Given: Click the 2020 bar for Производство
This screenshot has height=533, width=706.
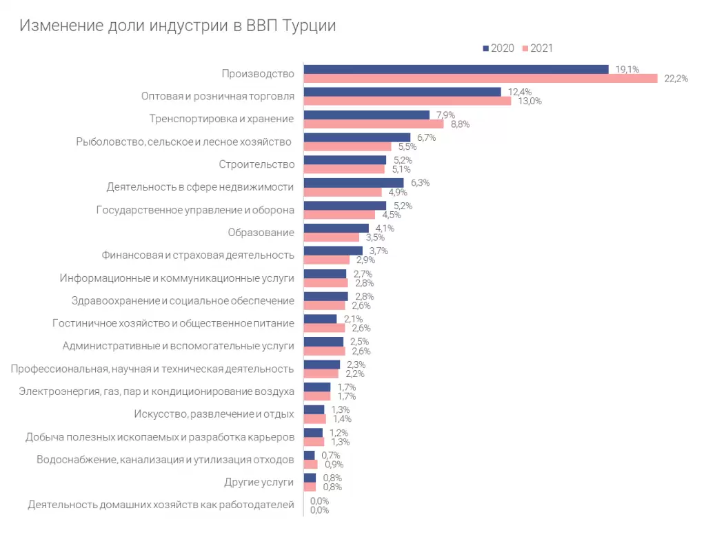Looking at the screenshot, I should click(x=456, y=69).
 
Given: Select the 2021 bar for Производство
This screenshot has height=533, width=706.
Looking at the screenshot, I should click(x=481, y=79).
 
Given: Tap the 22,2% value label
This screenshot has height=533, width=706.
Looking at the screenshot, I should click(x=676, y=79).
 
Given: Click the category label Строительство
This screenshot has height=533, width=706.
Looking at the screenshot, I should click(x=256, y=164).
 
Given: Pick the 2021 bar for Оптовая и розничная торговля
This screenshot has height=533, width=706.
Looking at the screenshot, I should click(x=407, y=101).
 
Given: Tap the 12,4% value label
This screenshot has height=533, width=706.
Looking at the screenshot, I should click(x=520, y=92).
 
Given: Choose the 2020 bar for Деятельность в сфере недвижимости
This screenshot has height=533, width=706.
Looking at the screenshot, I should click(x=354, y=183).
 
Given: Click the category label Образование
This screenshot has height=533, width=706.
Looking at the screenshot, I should click(x=261, y=233).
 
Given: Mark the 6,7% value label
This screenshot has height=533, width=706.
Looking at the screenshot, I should click(x=426, y=137).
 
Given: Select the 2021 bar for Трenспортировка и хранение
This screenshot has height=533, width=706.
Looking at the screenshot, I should click(x=373, y=124).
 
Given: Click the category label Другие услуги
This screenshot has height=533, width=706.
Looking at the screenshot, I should click(x=259, y=483).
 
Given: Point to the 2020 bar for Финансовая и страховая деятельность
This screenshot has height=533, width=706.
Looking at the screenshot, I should click(x=333, y=251).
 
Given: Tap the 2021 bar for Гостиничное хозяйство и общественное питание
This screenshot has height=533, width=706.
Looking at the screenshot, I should click(x=324, y=328).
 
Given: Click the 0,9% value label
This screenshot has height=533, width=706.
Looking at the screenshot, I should click(x=332, y=464).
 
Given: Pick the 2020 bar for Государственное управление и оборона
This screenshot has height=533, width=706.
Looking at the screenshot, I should click(x=345, y=206).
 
